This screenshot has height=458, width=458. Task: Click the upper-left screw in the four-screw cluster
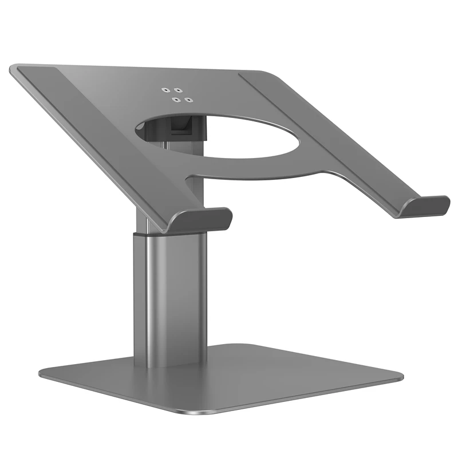pos(165,90)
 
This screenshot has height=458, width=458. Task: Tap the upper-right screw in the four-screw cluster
pos(179,90)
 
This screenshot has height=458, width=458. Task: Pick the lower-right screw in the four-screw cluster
pos(188,98)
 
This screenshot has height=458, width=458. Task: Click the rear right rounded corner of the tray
pos(269,74)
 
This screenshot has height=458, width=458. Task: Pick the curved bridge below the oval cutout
pos(252,172)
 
